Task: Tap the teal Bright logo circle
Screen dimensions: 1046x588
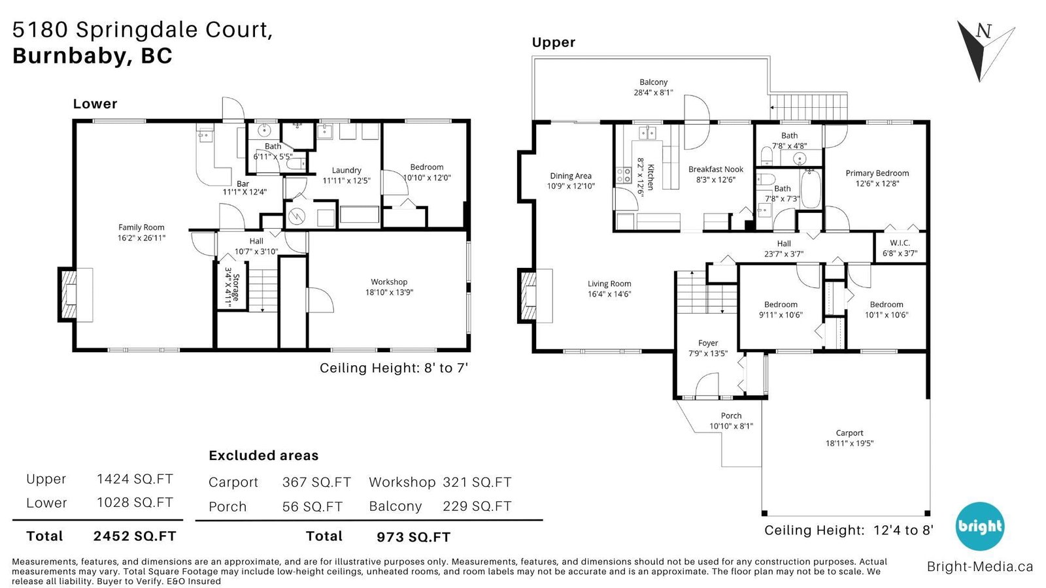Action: pyautogui.click(x=980, y=527)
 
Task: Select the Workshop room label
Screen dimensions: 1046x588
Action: pyautogui.click(x=389, y=282)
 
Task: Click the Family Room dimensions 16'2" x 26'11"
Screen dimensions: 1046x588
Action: pyautogui.click(x=141, y=238)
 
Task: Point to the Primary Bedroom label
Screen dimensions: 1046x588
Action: pyautogui.click(x=877, y=173)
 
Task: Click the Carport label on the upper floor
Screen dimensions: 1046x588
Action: pyautogui.click(x=849, y=433)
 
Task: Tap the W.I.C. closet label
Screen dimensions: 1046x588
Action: pyautogui.click(x=900, y=243)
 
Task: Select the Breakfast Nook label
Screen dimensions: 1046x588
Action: pyautogui.click(x=715, y=169)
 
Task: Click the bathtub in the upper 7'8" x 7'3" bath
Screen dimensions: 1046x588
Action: pyautogui.click(x=810, y=189)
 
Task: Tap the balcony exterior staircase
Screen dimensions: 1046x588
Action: pyautogui.click(x=808, y=107)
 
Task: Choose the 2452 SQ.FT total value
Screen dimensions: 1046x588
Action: pyautogui.click(x=135, y=536)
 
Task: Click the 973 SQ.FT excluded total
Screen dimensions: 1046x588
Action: pyautogui.click(x=414, y=537)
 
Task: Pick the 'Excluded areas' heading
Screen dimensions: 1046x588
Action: pyautogui.click(x=263, y=455)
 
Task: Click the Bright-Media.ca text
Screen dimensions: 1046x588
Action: pyautogui.click(x=980, y=566)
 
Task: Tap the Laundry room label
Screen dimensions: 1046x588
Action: pyautogui.click(x=346, y=171)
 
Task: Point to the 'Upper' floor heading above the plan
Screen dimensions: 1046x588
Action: pyautogui.click(x=553, y=42)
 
